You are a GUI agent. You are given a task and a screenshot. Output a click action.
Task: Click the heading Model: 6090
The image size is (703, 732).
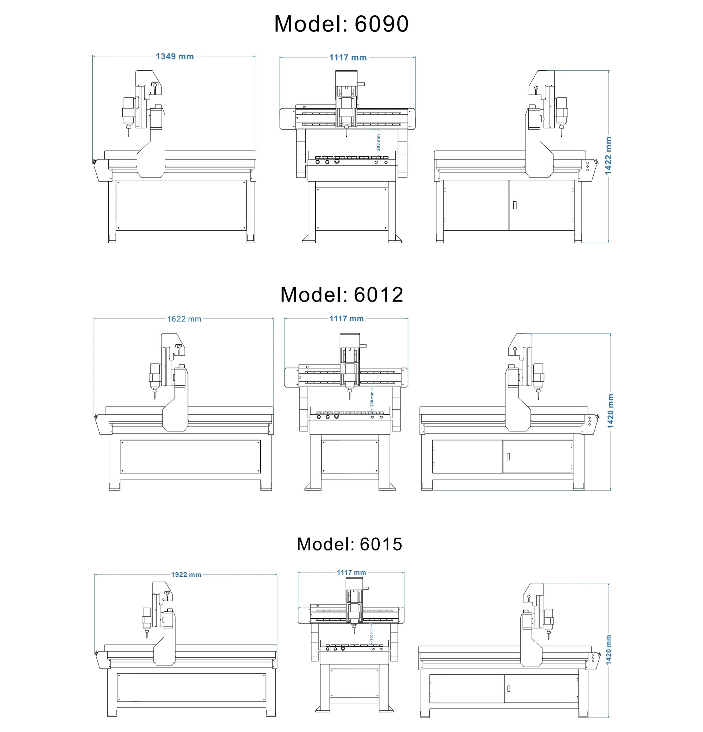pos(341,24)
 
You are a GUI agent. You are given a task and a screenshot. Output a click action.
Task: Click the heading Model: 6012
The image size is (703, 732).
pos(342,295)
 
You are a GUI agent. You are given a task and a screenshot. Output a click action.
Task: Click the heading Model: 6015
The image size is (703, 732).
pos(349,544)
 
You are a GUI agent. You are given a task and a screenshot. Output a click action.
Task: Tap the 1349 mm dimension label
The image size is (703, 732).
pos(175,56)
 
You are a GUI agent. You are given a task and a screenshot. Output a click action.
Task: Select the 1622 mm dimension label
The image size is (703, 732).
pos(184,319)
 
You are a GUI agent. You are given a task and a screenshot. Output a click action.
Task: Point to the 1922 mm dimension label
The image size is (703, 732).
pos(186,575)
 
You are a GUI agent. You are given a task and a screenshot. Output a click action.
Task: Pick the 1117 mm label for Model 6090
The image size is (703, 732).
pos(348,57)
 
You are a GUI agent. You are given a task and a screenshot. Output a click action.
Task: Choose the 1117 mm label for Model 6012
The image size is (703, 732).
pos(346,318)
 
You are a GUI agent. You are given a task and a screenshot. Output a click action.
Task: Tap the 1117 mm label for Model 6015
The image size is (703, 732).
pos(351,572)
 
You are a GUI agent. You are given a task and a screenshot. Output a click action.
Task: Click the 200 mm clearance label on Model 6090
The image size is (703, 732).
pos(378,142)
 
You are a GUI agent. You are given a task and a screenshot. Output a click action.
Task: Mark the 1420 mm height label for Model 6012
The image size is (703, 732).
pos(610,411)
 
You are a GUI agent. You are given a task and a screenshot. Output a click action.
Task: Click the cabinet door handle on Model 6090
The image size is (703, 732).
pos(515,205)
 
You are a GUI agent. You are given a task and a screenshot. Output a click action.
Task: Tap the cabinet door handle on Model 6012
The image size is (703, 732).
pos(508,456)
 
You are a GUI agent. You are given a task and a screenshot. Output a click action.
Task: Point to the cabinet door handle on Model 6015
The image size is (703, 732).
pos(508,689)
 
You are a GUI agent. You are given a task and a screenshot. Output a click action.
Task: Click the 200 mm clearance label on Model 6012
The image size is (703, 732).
pos(372,399)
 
